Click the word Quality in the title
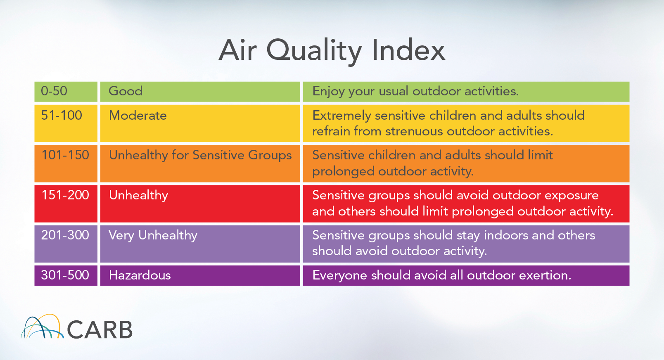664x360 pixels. pos(314,51)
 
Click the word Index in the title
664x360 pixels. pos(408,50)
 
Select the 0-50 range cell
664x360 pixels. pos(66,92)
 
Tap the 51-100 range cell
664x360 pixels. pos(66,123)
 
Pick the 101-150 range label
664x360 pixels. pos(65,155)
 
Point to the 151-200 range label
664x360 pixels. pos(65,195)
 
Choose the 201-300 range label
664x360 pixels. pos(65,235)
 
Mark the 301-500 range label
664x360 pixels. pos(65,275)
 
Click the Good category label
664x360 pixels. pos(126,91)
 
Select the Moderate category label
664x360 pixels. pos(138,115)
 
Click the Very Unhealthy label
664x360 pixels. pos(153,236)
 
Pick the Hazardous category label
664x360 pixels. pos(140,275)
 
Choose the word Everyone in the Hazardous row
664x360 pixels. pos(340,276)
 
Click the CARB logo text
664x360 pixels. pos(100,329)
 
